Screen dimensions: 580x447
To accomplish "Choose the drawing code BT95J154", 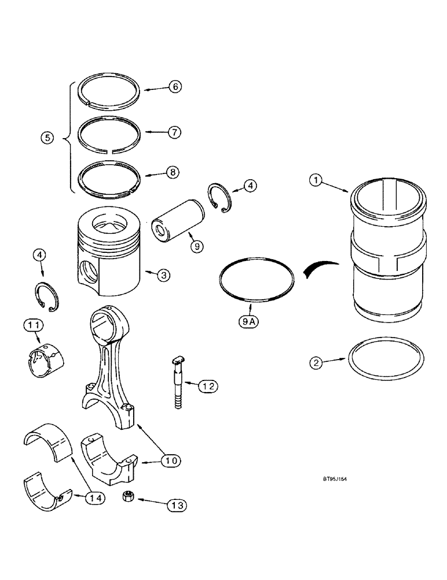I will point(338,480).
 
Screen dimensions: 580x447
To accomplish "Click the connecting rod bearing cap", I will point(109,462).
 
